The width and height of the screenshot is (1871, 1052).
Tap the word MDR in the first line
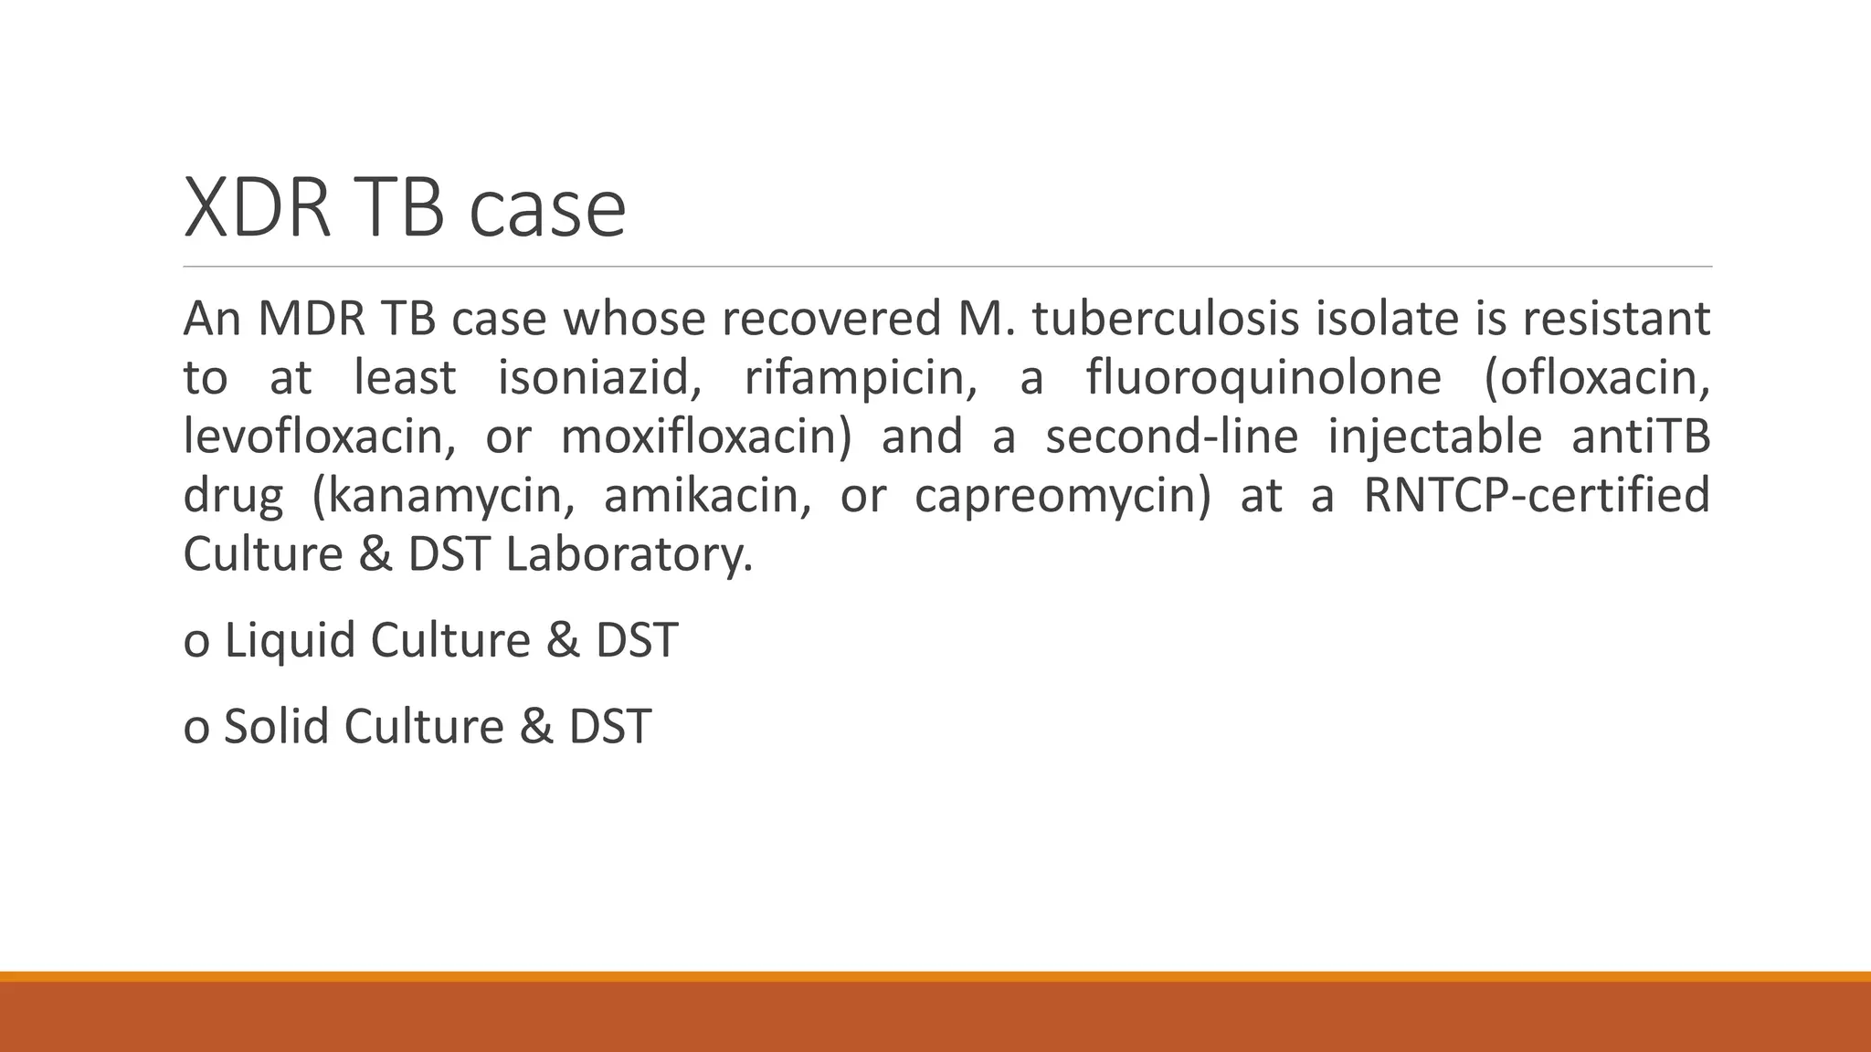pos(312,320)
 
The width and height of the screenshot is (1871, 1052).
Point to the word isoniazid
pos(599,378)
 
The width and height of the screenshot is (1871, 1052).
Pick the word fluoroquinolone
pos(1263,378)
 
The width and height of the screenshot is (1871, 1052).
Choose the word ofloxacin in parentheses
pos(1598,378)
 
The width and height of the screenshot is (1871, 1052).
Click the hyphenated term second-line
pos(1171,437)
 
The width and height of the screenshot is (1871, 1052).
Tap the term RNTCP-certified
pos(1536,496)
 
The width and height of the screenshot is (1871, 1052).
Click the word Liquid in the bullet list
pos(290,640)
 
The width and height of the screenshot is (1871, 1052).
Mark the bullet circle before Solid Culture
pos(196,730)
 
